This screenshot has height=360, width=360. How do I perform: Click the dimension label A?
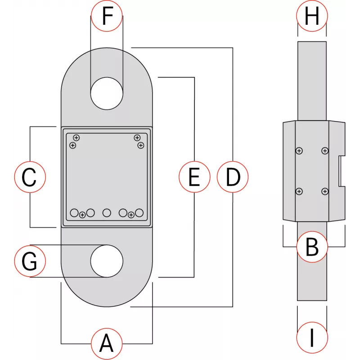click(x=107, y=344)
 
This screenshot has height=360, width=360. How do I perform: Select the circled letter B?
click(x=312, y=247)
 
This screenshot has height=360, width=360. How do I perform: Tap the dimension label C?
click(x=30, y=177)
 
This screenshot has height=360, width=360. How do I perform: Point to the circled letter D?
click(x=233, y=177)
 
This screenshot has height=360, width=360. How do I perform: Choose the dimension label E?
click(x=194, y=177)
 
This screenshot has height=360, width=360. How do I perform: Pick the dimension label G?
click(x=30, y=261)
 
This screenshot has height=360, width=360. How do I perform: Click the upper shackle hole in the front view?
click(x=107, y=94)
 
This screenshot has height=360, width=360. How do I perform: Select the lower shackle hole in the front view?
click(x=107, y=261)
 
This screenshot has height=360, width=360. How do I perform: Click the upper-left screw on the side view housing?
click(x=299, y=151)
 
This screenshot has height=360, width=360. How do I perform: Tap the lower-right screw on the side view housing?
click(x=325, y=192)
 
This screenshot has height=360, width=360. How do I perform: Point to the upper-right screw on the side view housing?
click(x=325, y=151)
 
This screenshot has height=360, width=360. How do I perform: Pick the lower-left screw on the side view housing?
click(x=299, y=192)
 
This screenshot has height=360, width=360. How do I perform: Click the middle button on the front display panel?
click(x=107, y=212)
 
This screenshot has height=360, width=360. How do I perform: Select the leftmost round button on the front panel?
click(x=75, y=212)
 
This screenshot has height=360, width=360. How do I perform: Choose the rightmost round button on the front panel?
click(x=139, y=212)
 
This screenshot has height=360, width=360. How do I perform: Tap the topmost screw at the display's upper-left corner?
click(x=76, y=138)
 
